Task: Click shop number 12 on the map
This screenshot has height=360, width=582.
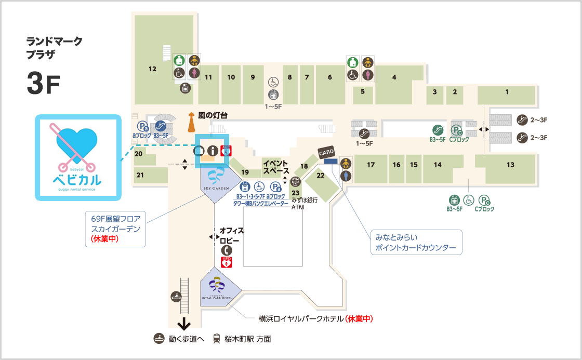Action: pos(152,69)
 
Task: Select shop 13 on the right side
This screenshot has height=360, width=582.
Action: pos(510,165)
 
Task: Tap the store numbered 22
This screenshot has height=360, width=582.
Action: pos(321,176)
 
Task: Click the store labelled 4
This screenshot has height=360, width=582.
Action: pos(394,77)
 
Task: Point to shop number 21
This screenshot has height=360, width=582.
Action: pos(140,175)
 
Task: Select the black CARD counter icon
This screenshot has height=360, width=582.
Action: pos(326,152)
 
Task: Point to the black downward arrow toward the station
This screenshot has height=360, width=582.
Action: pos(183,325)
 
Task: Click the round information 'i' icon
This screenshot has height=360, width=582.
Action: pos(212,151)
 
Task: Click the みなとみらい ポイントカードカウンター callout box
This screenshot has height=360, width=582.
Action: pos(416,243)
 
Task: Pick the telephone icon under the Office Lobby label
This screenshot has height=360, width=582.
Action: pos(227,250)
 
